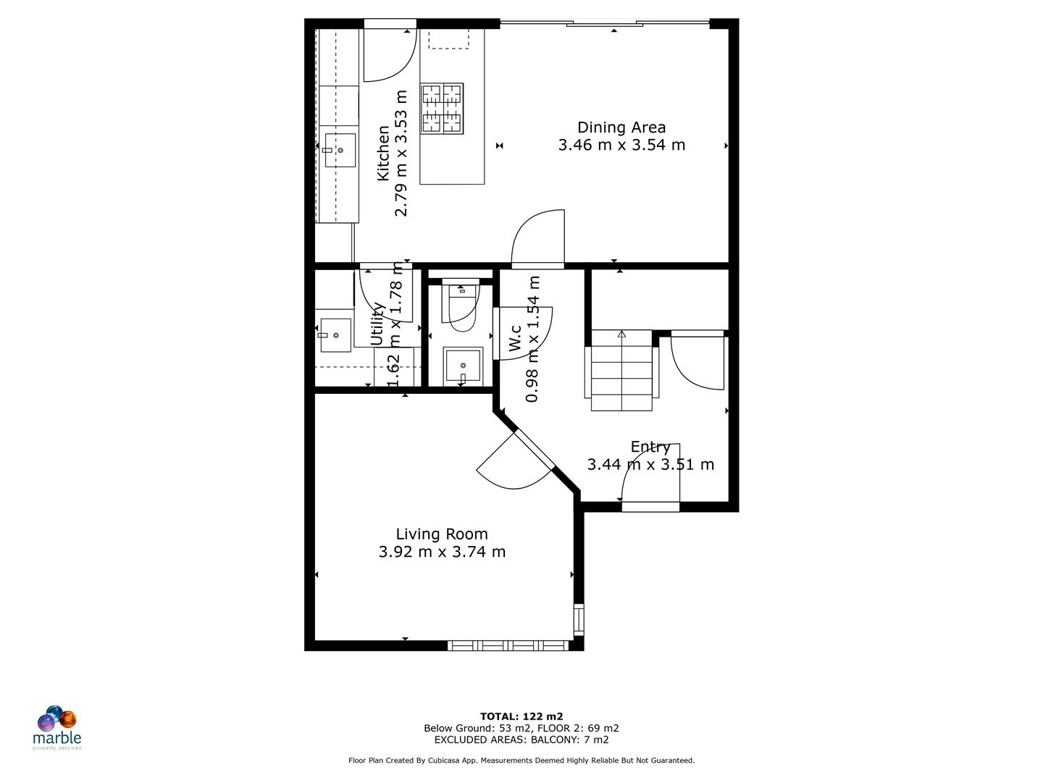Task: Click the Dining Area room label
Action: [x=621, y=127]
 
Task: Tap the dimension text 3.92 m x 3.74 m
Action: [x=442, y=552]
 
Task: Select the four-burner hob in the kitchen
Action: [x=442, y=109]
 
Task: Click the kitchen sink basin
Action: [x=339, y=151]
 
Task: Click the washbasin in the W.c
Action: [x=462, y=366]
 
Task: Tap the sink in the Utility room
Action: [x=335, y=335]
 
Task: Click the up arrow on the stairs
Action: [x=621, y=335]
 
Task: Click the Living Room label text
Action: [x=442, y=534]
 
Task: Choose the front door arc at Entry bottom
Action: [x=650, y=472]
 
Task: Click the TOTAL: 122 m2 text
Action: [x=521, y=717]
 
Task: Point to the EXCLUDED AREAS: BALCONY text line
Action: [x=521, y=740]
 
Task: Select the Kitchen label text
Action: [x=383, y=154]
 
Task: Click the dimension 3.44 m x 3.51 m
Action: [x=650, y=465]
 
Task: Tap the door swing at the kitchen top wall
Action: [x=389, y=55]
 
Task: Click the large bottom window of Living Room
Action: [x=508, y=645]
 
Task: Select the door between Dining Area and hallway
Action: [x=538, y=239]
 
